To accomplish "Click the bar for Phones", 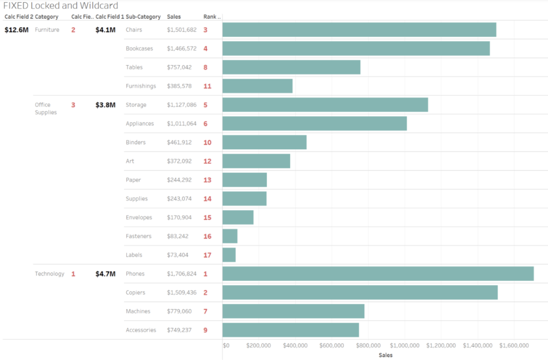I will [378, 273].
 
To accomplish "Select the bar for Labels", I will [229, 255].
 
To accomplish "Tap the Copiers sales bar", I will [360, 293].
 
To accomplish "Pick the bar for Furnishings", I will [257, 86].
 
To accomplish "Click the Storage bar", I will [325, 105].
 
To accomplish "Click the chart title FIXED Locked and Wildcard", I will [60, 5].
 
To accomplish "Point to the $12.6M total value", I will [16, 30].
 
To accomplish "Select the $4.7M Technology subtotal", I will [105, 274].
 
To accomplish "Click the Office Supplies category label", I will [45, 109].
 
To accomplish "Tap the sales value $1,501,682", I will [181, 30].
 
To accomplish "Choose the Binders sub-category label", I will [135, 142].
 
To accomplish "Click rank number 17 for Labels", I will [207, 255].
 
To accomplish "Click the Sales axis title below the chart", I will [385, 355].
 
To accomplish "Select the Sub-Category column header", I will [143, 17].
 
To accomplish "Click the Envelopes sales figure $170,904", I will [181, 218].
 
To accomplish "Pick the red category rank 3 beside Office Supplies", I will [73, 105].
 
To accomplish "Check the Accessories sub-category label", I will [141, 330].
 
